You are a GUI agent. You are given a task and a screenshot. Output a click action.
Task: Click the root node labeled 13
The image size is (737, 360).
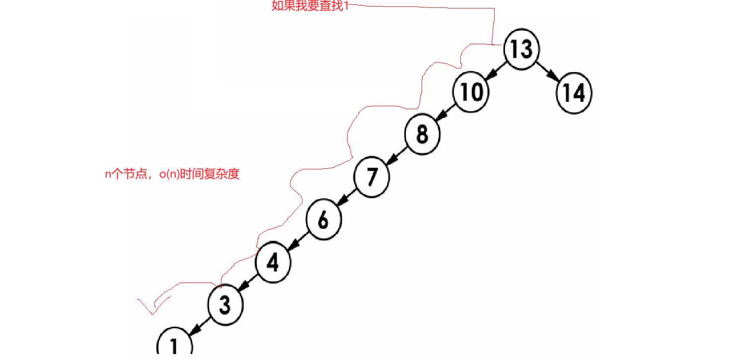521,49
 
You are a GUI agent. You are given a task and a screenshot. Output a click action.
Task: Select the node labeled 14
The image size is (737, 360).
574,93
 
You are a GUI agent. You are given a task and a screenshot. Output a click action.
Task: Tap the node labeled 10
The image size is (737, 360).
470,92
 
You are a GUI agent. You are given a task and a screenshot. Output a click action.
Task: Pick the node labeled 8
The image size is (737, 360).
422,134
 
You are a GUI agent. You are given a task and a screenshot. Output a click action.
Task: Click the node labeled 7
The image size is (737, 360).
371,176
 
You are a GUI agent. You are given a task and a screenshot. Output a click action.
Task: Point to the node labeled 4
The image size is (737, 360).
273,262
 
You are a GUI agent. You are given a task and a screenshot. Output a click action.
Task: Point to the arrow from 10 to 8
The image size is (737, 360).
446,113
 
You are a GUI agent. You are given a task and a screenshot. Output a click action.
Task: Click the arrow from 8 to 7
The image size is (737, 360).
396,155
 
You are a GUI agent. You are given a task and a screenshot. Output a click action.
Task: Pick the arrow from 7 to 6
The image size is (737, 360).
347,198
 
